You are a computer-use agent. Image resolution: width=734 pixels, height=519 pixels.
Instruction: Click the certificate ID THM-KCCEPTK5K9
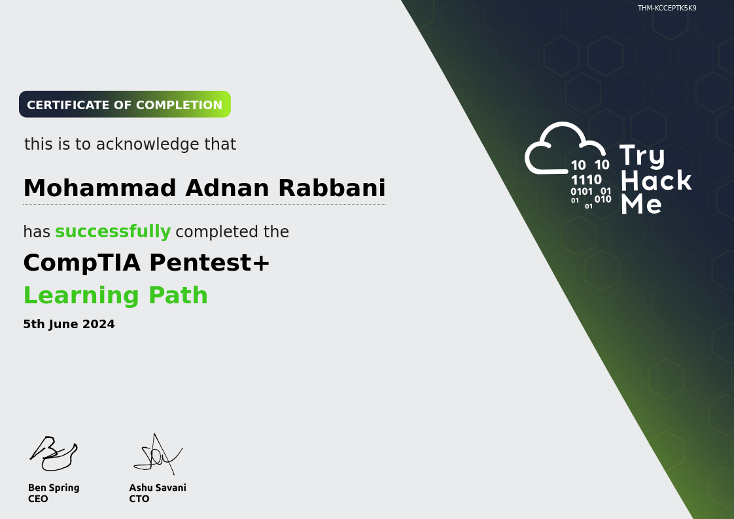pos(667,8)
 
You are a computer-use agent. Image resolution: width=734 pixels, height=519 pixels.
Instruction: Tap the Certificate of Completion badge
pos(125,105)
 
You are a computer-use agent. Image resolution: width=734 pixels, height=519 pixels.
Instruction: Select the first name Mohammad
pos(99,188)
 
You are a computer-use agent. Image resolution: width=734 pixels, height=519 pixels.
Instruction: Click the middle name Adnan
pos(227,188)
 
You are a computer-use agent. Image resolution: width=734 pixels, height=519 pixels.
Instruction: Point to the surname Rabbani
pos(332,188)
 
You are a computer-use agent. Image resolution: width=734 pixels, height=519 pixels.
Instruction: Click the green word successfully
pos(113,231)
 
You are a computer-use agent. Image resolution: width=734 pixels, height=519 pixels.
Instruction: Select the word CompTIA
pos(82,263)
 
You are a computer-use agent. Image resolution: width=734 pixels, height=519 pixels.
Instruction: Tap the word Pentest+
pos(210,262)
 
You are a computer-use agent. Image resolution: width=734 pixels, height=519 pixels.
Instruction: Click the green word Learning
pos(82,296)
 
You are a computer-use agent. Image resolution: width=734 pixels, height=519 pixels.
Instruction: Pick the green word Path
pos(179,295)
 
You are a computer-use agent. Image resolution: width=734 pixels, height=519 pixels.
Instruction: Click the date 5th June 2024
pos(69,324)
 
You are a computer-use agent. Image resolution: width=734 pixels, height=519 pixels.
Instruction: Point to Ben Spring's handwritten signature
pos(54,454)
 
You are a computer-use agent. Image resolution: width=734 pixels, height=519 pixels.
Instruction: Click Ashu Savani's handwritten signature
pos(158,454)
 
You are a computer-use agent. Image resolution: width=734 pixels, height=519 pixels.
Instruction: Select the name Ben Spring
pos(54,488)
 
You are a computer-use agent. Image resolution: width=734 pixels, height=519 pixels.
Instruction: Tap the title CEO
pos(38,499)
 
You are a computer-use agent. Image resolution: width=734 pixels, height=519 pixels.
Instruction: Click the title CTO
pos(139,499)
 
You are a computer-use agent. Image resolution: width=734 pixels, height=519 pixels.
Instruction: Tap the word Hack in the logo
pos(656,181)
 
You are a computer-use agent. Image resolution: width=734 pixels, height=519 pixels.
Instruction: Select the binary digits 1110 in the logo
pos(586,180)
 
